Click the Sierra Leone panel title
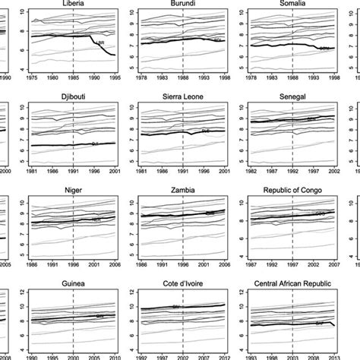point(183,98)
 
